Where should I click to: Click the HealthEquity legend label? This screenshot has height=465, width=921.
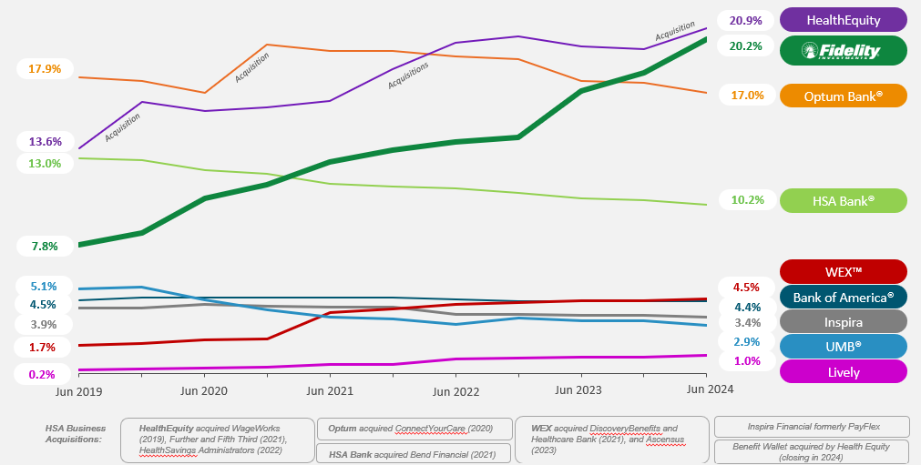click(844, 19)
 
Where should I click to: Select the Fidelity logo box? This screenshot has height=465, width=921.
click(844, 51)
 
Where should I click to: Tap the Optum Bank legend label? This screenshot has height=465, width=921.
click(844, 96)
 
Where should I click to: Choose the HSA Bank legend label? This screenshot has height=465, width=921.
click(844, 200)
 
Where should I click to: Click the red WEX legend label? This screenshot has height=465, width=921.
click(844, 271)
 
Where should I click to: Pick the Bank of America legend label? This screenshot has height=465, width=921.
click(844, 297)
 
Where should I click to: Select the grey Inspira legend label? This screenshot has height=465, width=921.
click(844, 321)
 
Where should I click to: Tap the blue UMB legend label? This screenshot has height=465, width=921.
click(844, 346)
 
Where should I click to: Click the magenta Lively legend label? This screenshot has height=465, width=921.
click(844, 371)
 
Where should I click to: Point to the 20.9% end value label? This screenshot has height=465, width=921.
click(745, 20)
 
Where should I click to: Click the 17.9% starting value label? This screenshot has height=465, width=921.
click(45, 69)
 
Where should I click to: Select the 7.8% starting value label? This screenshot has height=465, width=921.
click(44, 247)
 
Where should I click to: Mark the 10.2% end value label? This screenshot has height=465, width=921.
click(745, 200)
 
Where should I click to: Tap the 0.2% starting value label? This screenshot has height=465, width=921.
click(42, 374)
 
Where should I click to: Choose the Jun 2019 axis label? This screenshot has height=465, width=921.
click(77, 390)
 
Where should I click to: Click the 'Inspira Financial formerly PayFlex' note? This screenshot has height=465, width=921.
click(811, 426)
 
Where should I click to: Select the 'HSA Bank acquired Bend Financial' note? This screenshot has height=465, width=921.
click(412, 453)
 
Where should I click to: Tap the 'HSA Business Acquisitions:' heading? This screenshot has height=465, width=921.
click(75, 433)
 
